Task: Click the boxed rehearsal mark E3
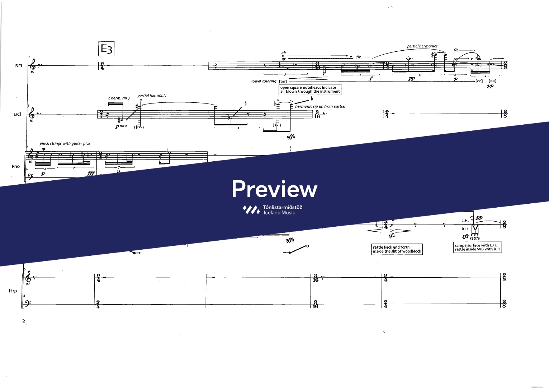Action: [106, 49]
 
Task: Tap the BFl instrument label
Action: [18, 66]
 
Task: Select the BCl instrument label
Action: [18, 114]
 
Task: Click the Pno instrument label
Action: [16, 166]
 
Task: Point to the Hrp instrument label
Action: [13, 291]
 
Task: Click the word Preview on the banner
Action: [274, 189]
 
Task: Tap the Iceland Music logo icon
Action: [251, 210]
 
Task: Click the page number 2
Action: [24, 321]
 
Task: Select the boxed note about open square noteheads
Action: [310, 89]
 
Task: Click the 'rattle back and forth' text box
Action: [397, 249]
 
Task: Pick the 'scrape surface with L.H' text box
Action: [477, 247]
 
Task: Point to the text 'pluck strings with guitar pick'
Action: [65, 144]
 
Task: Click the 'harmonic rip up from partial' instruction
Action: [320, 106]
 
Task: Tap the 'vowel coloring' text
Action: [263, 81]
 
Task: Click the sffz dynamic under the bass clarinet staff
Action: [291, 137]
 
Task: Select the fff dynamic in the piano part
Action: [91, 174]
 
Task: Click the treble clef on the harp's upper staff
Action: [28, 277]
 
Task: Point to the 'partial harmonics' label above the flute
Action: [422, 46]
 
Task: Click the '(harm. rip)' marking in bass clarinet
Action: [119, 98]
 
